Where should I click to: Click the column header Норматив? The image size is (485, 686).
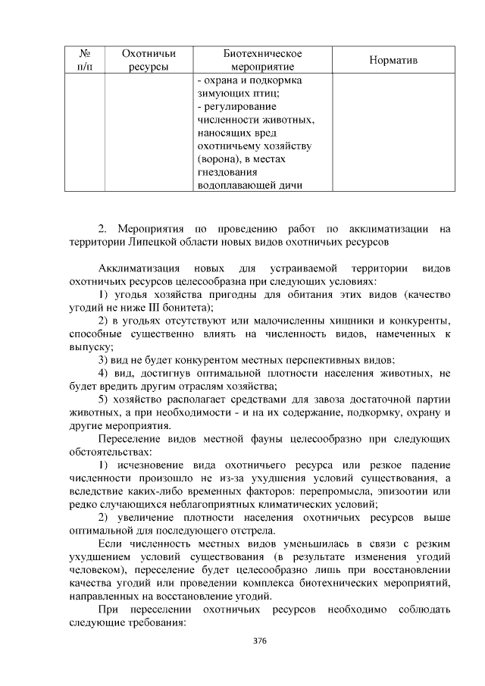coord(393,60)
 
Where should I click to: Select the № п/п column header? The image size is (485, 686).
coord(85,60)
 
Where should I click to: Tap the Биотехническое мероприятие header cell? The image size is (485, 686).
coord(263,60)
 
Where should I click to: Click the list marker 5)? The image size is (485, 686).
coord(107,399)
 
